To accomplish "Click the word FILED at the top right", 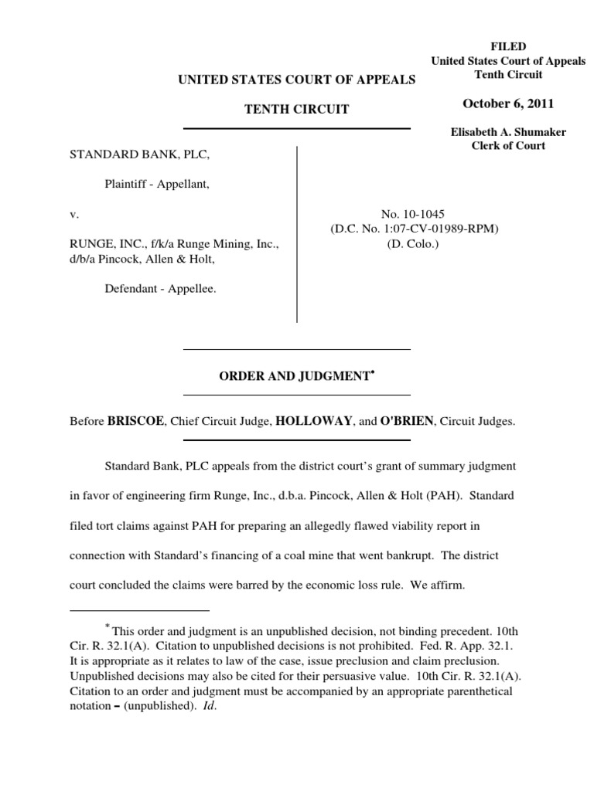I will (508, 47).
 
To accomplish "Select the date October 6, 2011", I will (508, 104).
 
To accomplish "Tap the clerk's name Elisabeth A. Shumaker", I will (508, 132).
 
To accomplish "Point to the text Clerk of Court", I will (508, 146).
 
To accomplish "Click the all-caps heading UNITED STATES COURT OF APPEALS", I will (297, 79).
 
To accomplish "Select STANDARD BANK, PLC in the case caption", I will (140, 154).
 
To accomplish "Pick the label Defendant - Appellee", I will (160, 288).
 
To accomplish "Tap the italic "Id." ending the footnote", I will (207, 705).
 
